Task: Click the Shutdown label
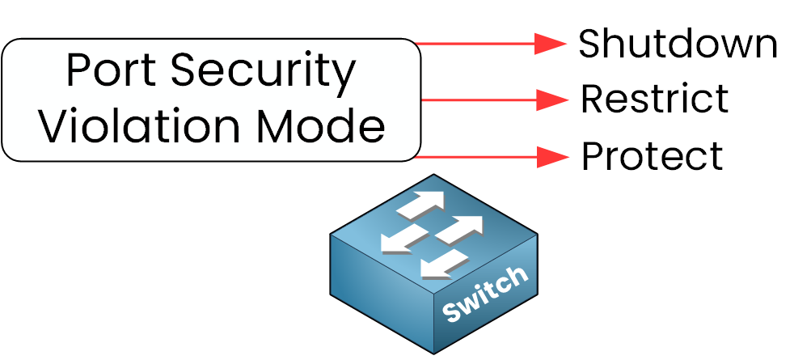[x=678, y=44]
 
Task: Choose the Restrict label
[x=654, y=99]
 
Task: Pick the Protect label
[x=652, y=156]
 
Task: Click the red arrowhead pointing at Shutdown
[x=551, y=44]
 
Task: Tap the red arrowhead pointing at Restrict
[x=551, y=100]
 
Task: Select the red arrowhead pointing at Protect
[x=551, y=157]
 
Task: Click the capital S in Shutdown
[x=590, y=44]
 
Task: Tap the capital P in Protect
[x=592, y=156]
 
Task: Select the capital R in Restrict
[x=592, y=99]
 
